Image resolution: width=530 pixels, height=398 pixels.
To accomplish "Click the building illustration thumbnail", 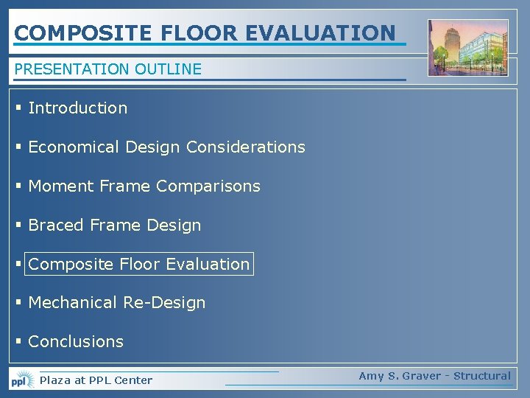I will (468, 47).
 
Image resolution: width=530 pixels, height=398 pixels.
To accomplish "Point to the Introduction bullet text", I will (77, 108).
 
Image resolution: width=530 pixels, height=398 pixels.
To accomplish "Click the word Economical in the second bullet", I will (73, 147).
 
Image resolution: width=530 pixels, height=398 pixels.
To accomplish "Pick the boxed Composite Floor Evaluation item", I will (139, 264).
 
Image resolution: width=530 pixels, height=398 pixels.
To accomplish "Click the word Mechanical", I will (73, 302).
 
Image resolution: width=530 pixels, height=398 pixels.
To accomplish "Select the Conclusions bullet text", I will (76, 341).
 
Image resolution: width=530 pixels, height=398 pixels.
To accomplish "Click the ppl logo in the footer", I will (21, 380).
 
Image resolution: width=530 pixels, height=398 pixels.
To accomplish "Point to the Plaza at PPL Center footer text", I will (96, 380).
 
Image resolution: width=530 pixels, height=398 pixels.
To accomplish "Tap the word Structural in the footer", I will (481, 376).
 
